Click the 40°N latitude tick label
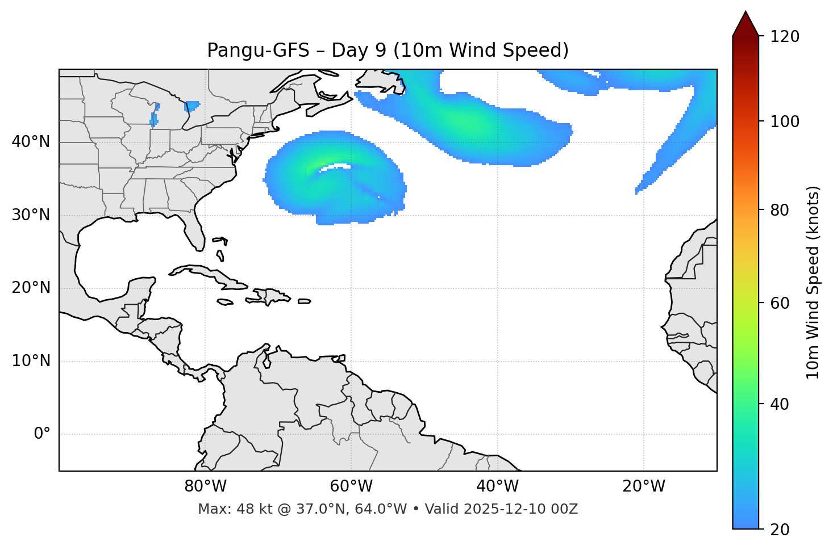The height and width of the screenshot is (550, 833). point(31,142)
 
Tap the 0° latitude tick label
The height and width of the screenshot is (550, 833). point(41,434)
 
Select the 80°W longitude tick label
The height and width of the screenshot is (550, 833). point(205,486)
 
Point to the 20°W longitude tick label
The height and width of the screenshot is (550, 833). point(644,486)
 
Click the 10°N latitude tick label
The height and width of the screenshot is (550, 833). point(31,361)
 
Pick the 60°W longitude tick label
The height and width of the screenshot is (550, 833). point(351,486)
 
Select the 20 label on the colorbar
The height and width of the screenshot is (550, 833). point(779,530)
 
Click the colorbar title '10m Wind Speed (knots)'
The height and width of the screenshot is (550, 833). point(813,282)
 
